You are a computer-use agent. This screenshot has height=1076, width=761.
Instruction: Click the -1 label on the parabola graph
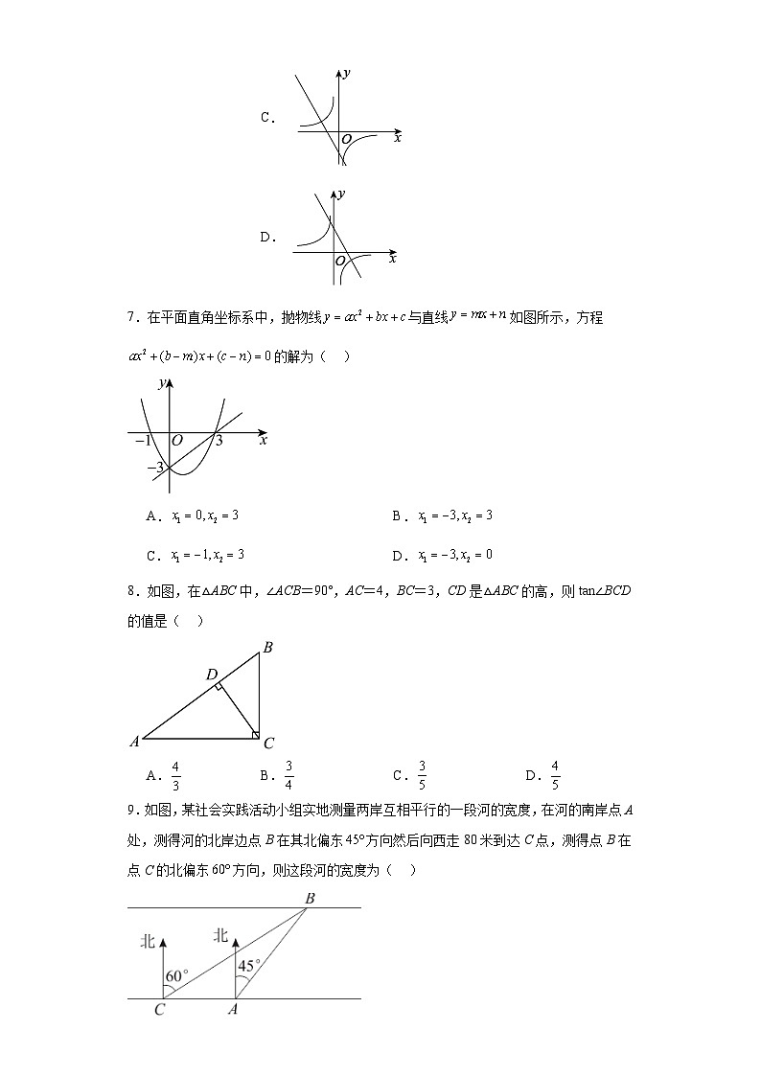[143, 441]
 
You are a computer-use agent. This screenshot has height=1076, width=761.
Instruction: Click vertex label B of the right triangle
[268, 648]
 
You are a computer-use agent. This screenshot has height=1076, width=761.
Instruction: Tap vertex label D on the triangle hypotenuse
[212, 675]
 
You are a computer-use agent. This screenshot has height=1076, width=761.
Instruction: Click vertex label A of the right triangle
[134, 742]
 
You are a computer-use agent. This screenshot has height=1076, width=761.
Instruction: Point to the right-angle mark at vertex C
[255, 735]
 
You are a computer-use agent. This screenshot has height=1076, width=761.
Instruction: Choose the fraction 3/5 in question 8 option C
[422, 775]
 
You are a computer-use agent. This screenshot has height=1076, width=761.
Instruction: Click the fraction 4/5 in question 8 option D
[555, 775]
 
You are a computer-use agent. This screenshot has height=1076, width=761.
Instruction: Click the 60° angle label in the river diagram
[176, 976]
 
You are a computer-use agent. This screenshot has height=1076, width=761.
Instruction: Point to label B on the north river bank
[310, 898]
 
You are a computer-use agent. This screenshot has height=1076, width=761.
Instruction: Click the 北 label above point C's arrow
[148, 942]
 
